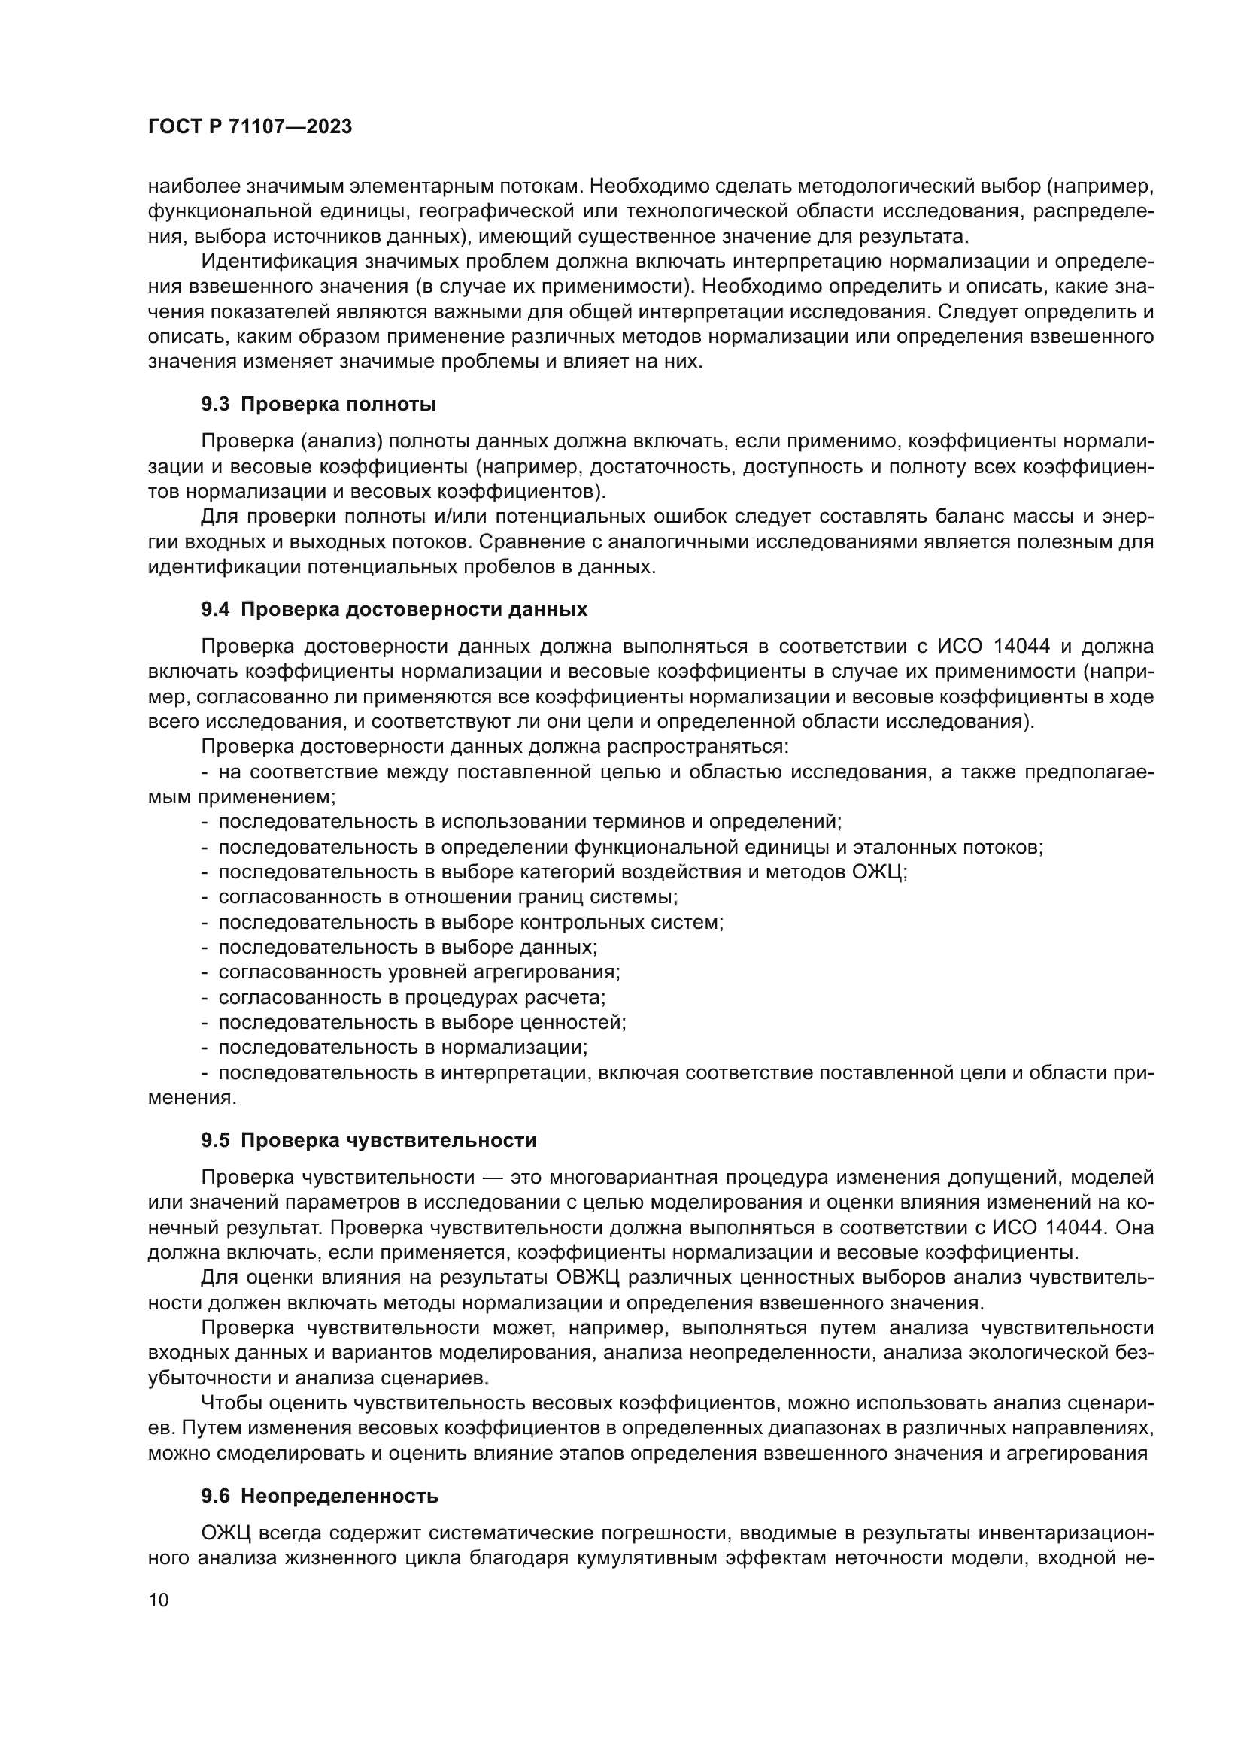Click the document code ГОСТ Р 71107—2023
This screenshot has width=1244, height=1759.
click(x=250, y=127)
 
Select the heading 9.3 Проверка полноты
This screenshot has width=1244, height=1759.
click(x=318, y=404)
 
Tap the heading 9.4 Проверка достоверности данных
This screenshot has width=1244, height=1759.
click(x=393, y=609)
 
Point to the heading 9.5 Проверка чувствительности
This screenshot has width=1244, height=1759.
click(x=369, y=1140)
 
